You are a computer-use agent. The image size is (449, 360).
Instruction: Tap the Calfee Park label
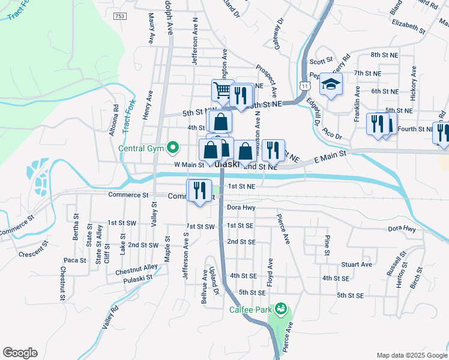pos(252,310)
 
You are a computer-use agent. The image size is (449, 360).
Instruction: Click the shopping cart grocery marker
pos(222,90)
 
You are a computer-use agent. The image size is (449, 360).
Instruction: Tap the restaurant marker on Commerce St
pos(199,191)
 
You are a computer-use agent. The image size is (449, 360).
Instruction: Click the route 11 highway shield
pos(306,86)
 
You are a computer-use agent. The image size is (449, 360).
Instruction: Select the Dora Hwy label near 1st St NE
pos(241,208)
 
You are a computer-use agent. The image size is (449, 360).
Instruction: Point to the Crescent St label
pos(33,250)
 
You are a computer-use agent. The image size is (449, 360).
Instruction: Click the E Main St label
pos(330,158)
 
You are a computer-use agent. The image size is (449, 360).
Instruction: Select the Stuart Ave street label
pos(357,264)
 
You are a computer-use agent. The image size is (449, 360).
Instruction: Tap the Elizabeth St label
pos(408,27)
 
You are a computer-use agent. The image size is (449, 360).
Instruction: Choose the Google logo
pos(20,353)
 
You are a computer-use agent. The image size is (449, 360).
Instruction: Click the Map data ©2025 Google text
pos(411,355)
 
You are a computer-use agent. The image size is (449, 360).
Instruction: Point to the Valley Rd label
pos(110,317)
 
